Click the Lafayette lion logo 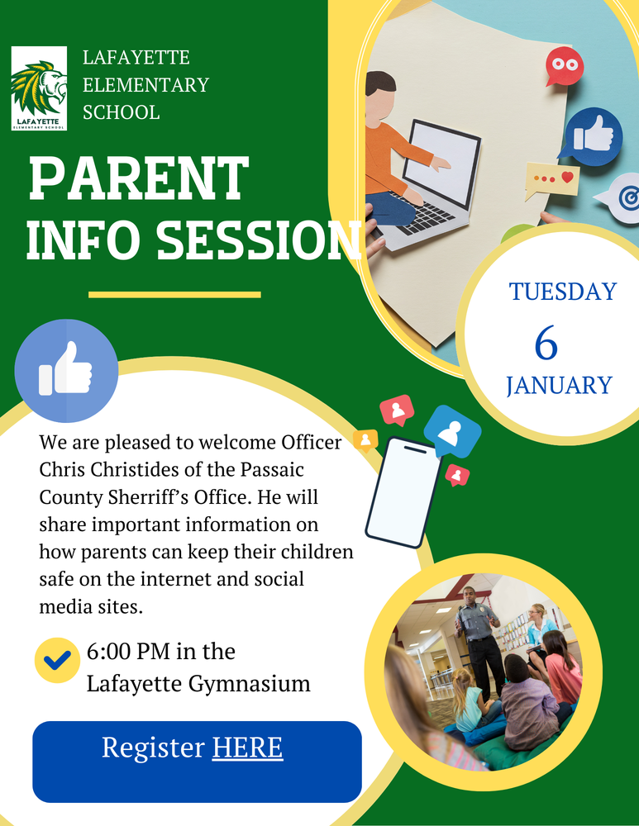point(39,89)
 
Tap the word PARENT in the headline point(138,178)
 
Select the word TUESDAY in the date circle point(562,292)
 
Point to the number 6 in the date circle point(546,343)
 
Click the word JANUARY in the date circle point(559,386)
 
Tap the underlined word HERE point(247,748)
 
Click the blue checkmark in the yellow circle point(57,660)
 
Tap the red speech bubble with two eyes point(564,66)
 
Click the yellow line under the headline point(174,294)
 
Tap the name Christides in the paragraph point(121,470)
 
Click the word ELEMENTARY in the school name point(145,85)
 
